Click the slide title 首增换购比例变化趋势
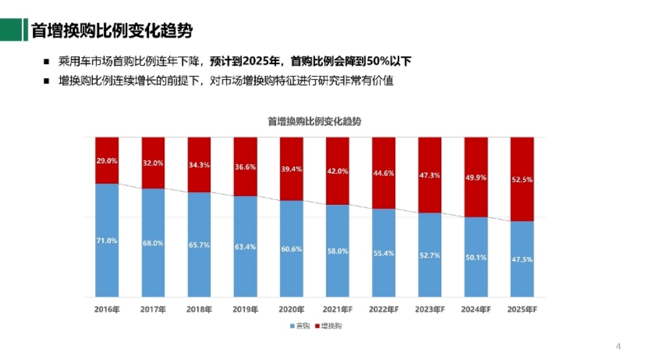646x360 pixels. point(112,31)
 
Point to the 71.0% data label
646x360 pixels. point(107,240)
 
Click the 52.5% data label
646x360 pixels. point(522,179)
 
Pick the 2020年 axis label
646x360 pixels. point(291,310)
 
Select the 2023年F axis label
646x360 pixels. point(429,310)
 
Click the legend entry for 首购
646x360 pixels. point(300,326)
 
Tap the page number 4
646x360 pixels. point(617,346)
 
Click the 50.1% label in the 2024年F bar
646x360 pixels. point(475,257)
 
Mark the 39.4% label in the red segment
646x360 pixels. point(291,169)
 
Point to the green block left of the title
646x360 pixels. point(9,30)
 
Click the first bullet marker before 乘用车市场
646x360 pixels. point(46,62)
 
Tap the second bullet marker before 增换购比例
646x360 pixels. point(46,81)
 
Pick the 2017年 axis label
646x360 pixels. point(153,310)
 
